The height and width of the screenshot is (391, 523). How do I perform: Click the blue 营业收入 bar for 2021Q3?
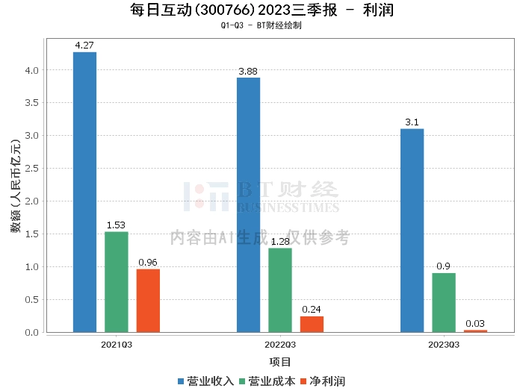(x=85, y=192)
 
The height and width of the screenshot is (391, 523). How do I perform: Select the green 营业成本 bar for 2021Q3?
(x=117, y=282)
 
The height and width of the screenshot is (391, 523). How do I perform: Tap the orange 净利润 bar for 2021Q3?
(x=148, y=301)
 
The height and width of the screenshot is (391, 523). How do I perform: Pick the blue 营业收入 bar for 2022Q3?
(x=249, y=204)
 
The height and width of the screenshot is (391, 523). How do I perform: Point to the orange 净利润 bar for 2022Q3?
(x=312, y=324)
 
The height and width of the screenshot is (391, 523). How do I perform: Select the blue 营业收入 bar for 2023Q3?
(x=412, y=231)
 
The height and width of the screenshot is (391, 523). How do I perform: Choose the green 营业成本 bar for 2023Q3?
(x=443, y=302)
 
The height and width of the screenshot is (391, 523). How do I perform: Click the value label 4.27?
(x=85, y=46)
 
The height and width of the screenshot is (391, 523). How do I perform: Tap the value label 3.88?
(x=249, y=71)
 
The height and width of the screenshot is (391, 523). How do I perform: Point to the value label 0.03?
(x=475, y=323)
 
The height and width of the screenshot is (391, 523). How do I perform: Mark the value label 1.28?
(x=280, y=241)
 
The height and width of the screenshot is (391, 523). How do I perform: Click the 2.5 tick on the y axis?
(x=31, y=169)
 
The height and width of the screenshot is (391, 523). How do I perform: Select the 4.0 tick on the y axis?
(x=31, y=70)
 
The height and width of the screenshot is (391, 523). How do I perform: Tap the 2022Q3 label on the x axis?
(x=280, y=345)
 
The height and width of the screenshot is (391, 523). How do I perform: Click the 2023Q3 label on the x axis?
(x=443, y=345)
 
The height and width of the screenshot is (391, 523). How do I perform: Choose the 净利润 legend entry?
(x=322, y=381)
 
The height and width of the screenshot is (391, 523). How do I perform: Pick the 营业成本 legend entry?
(x=266, y=381)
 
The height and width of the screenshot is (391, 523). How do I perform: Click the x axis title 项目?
(x=280, y=362)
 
